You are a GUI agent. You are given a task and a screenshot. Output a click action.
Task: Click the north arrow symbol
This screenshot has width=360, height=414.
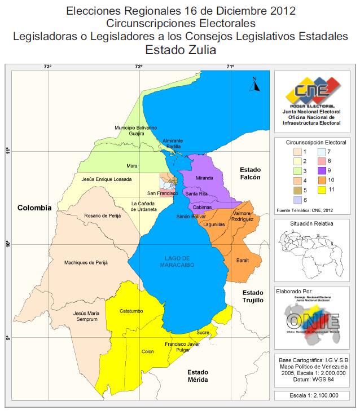pyautogui.click(x=255, y=85)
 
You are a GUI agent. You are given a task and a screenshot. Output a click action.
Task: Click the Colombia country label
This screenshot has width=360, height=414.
pyautogui.click(x=34, y=208)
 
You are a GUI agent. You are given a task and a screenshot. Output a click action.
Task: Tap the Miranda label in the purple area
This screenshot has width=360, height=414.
pyautogui.click(x=204, y=178)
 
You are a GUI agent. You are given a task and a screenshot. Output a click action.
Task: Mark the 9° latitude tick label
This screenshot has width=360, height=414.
pyautogui.click(x=8, y=338)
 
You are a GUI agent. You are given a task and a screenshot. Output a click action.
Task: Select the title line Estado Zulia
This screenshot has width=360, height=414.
pyautogui.click(x=180, y=50)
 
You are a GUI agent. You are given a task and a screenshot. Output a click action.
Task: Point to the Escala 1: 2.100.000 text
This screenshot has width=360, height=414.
pyautogui.click(x=313, y=395)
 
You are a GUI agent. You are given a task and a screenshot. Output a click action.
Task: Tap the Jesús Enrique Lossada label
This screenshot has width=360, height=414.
pyautogui.click(x=107, y=179)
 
